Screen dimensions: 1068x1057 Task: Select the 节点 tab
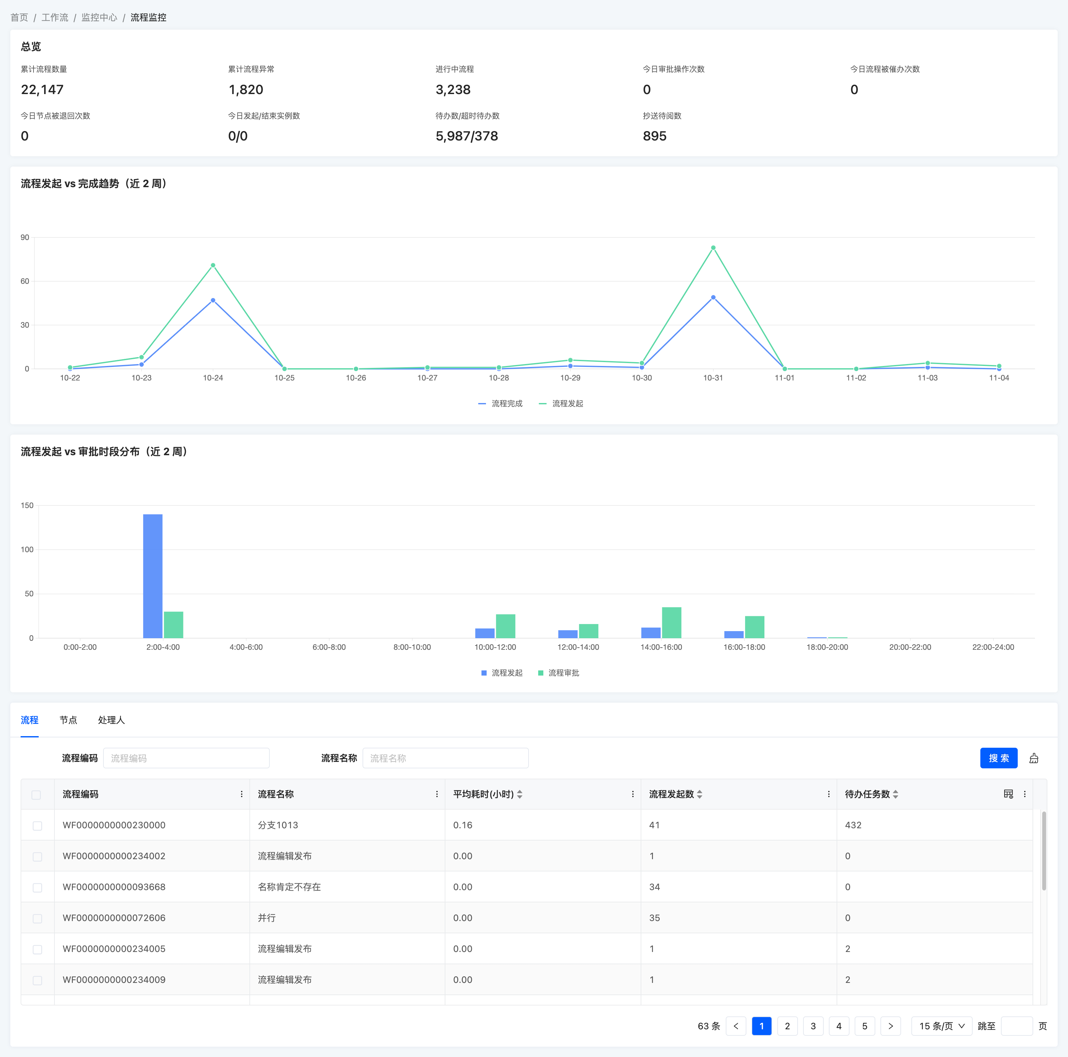[69, 720]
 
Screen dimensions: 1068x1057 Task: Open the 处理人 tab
[111, 720]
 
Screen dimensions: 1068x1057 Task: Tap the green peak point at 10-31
[713, 247]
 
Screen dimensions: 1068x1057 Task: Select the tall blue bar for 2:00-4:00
[152, 576]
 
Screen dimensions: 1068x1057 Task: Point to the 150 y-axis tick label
[27, 505]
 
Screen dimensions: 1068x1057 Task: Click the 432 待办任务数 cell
[853, 825]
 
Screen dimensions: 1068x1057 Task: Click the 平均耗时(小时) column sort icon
[519, 794]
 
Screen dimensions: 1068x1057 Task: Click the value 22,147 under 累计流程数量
[42, 90]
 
